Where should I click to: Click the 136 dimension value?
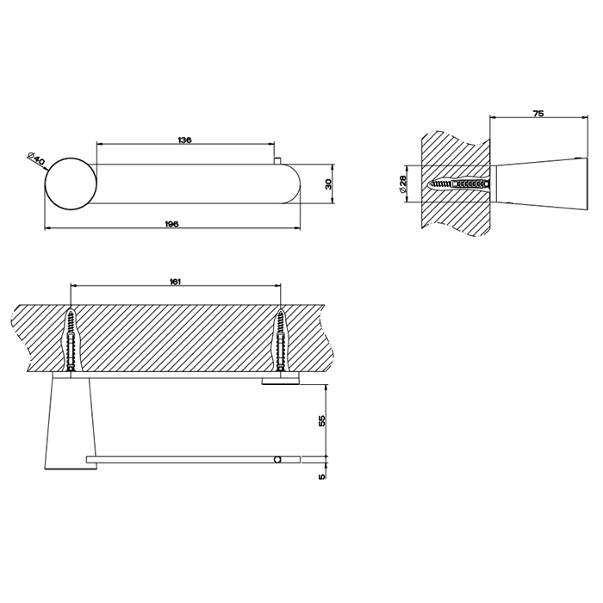tap(184, 140)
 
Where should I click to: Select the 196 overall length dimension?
tap(171, 224)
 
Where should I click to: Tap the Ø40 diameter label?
tap(36, 159)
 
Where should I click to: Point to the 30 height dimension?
tap(328, 183)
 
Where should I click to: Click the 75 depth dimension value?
tap(538, 114)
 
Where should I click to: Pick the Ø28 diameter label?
tap(402, 183)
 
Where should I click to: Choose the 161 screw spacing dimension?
tap(175, 282)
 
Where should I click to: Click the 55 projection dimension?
tap(322, 420)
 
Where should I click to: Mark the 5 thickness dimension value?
tap(322, 476)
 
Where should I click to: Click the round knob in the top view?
tap(71, 183)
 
